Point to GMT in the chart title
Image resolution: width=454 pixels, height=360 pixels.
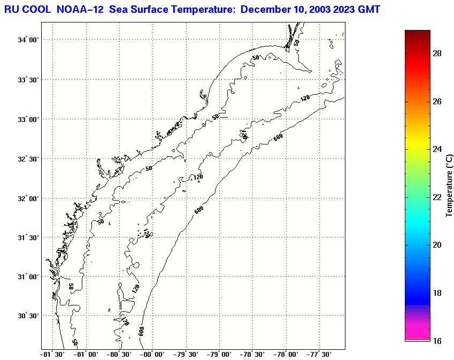(x=369, y=10)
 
